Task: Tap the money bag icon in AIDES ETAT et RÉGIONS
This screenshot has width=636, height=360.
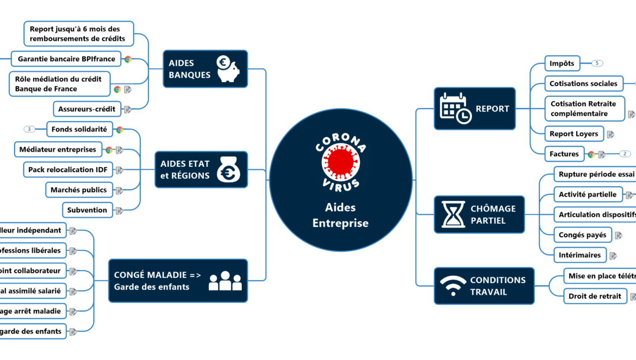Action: click(227, 169)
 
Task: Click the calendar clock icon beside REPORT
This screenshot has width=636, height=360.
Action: click(456, 109)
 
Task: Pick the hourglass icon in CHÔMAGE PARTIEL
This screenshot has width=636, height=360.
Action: click(453, 214)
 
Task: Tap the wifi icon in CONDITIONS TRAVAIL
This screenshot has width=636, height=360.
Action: click(452, 286)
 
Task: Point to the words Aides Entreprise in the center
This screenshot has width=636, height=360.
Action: click(340, 215)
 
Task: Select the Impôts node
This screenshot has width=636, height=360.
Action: click(562, 64)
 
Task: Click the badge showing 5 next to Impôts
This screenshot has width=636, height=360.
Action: click(597, 64)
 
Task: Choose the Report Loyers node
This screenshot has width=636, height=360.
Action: click(573, 134)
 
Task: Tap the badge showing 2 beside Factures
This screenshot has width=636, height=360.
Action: click(625, 154)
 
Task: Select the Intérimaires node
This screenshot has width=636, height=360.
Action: click(580, 255)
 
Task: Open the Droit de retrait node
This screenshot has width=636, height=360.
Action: click(594, 296)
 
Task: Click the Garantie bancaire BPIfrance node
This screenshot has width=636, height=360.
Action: click(66, 59)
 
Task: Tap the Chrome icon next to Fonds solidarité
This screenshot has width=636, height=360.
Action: click(119, 130)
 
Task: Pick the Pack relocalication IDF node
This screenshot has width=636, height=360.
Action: click(68, 170)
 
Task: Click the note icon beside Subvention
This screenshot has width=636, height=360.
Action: click(119, 211)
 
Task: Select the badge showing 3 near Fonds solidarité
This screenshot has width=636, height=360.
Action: click(29, 129)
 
